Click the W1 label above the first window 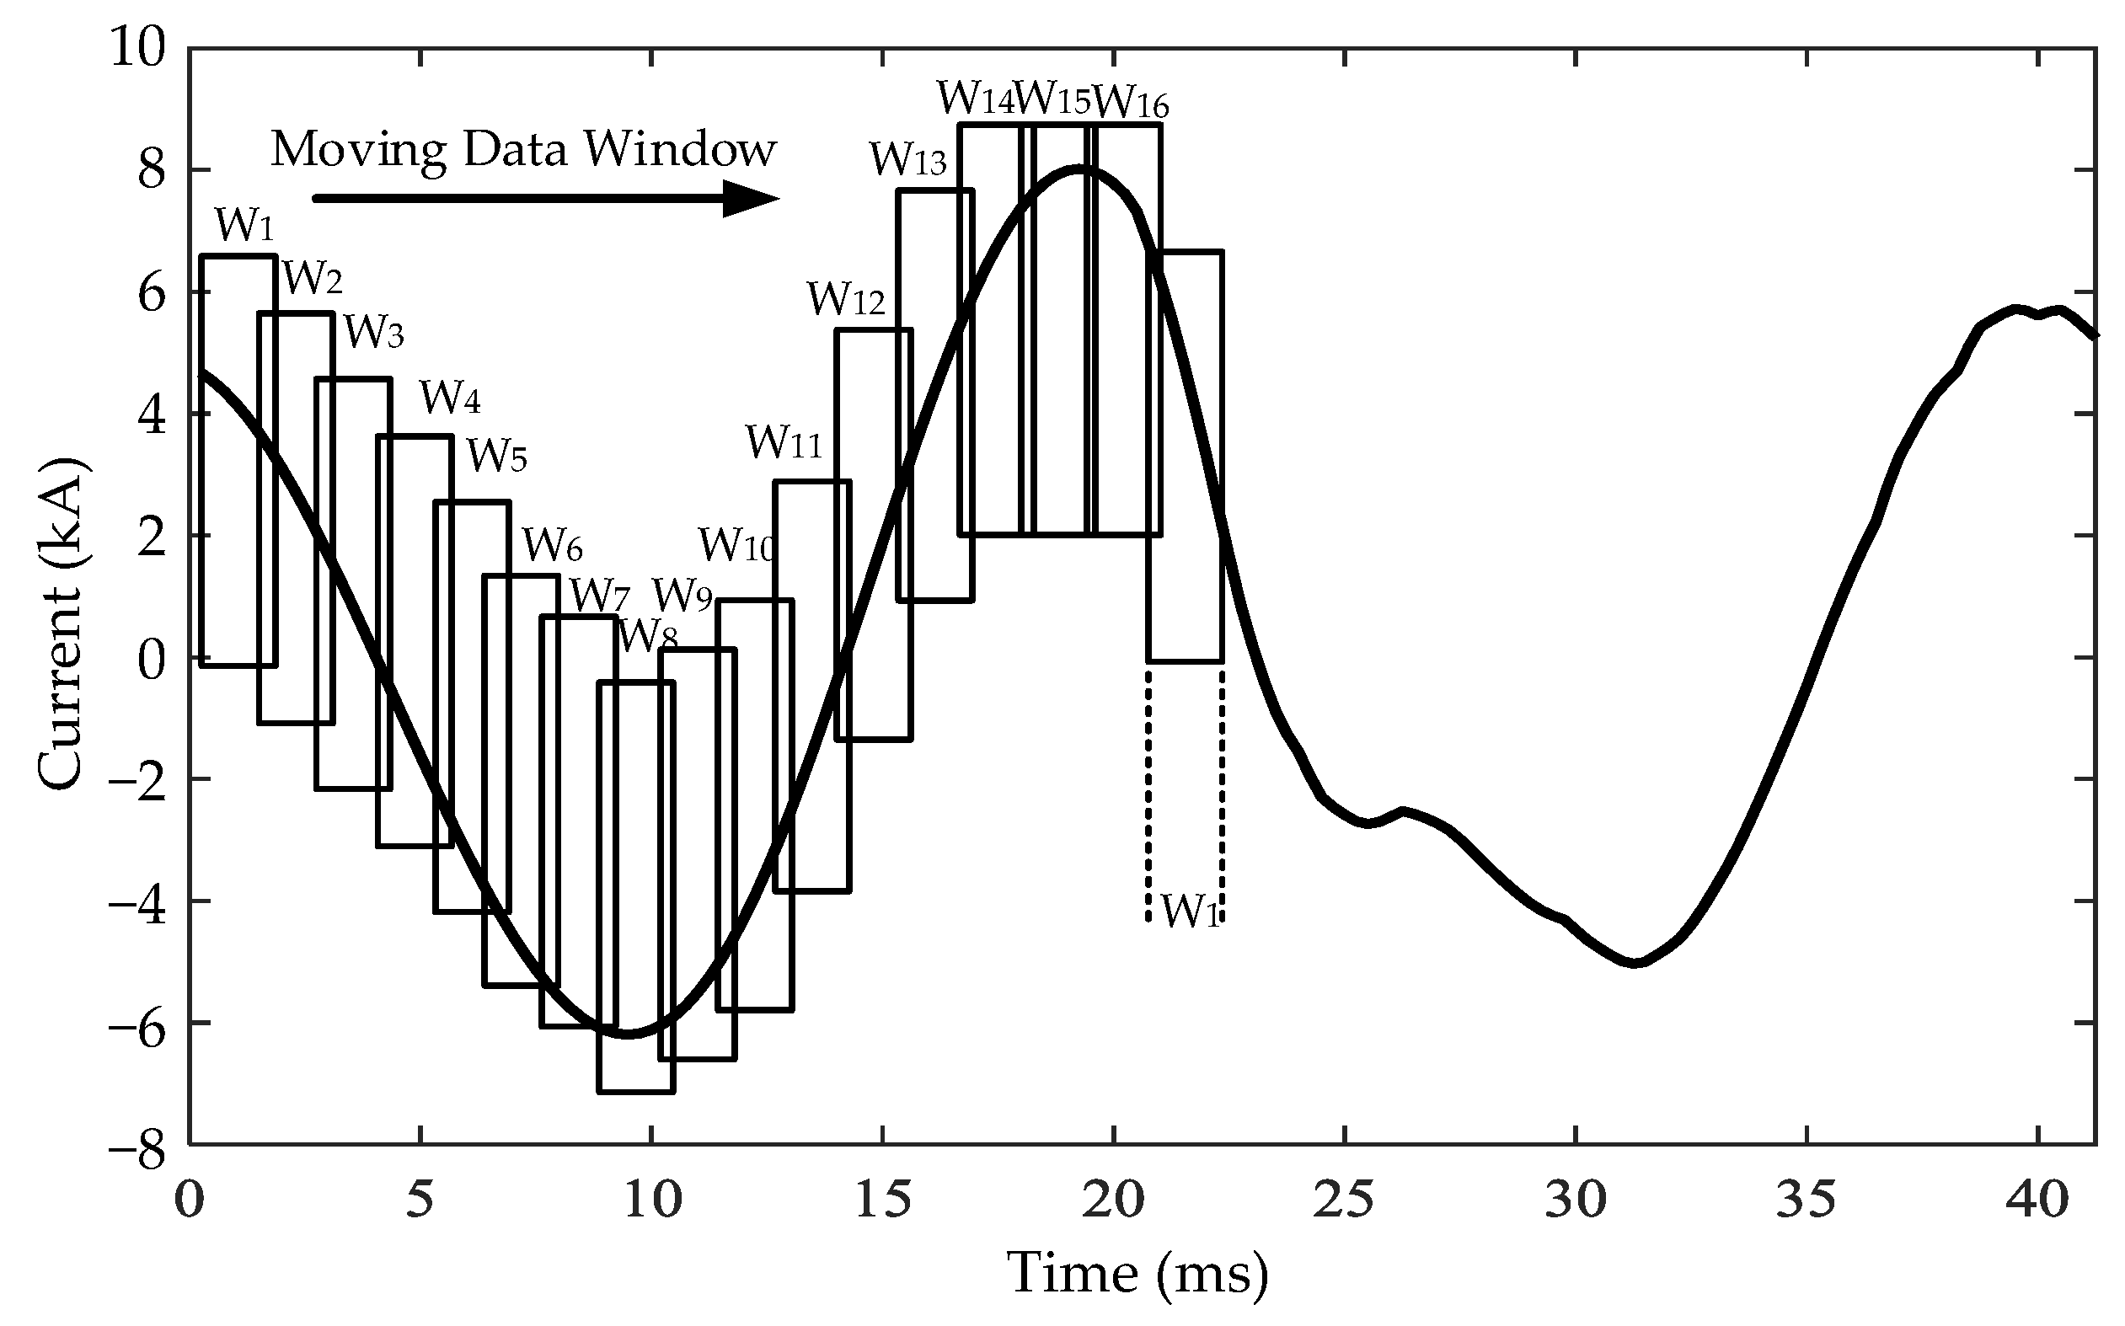pos(244,226)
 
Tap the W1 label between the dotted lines pos(1190,912)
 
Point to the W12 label pos(846,299)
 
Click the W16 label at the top pos(1132,103)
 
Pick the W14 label pos(975,99)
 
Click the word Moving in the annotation pos(359,150)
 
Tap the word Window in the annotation pos(681,149)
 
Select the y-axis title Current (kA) pos(62,623)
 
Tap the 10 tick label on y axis pos(136,48)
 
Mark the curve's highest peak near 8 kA pos(1081,168)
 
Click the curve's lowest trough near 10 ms pos(629,1035)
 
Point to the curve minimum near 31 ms pos(1635,964)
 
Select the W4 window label pos(450,398)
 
